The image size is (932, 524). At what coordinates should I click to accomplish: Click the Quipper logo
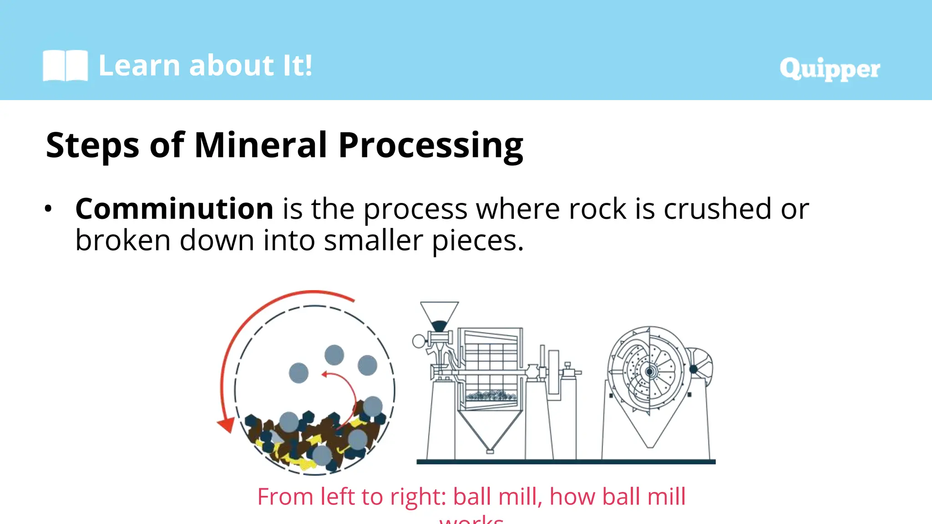pos(829,69)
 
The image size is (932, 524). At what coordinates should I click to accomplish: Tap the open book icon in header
pos(65,66)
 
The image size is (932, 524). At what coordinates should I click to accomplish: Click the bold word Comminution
pos(174,209)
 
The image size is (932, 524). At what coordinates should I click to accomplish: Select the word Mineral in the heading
pos(260,145)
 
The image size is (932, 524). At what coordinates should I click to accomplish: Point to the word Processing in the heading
pos(431,145)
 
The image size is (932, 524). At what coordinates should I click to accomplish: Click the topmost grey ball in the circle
pos(334,355)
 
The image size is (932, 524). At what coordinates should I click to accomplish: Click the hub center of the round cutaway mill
pos(650,372)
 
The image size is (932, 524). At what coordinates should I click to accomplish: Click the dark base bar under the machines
pos(566,462)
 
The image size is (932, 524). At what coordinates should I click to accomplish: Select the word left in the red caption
pos(339,496)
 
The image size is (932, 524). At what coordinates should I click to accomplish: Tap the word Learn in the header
pos(139,65)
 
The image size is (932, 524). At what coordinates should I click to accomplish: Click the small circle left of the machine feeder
pos(418,341)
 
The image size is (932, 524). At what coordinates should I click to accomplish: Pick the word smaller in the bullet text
pos(373,241)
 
